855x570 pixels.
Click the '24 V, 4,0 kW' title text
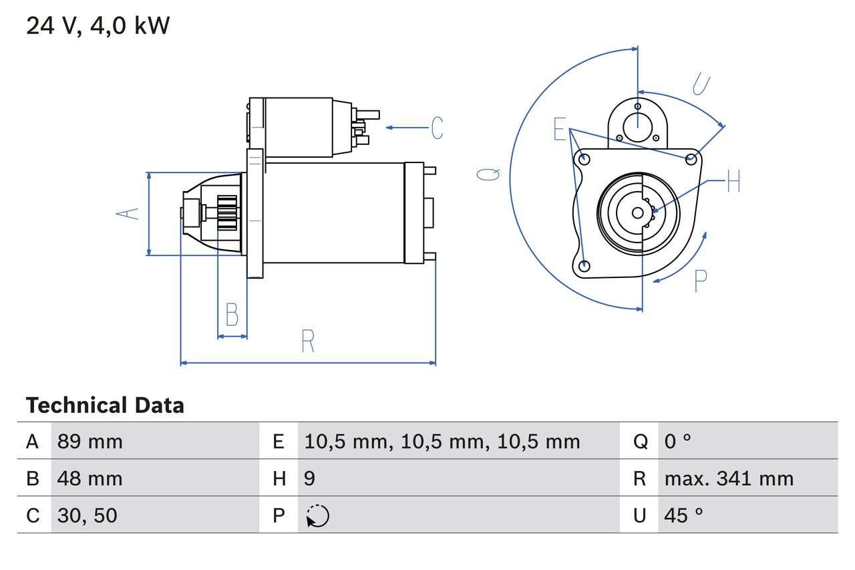pyautogui.click(x=98, y=26)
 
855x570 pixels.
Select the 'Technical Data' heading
pyautogui.click(x=105, y=406)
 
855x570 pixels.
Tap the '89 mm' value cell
pyautogui.click(x=90, y=441)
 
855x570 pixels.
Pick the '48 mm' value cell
pyautogui.click(x=90, y=478)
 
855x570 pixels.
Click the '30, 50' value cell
pyautogui.click(x=87, y=515)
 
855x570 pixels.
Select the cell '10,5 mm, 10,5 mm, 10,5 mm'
pyautogui.click(x=442, y=441)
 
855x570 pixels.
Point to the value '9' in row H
pyautogui.click(x=310, y=478)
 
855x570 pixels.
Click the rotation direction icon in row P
pyautogui.click(x=317, y=516)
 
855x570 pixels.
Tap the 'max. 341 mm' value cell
pyautogui.click(x=729, y=478)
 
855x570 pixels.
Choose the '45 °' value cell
pyautogui.click(x=683, y=515)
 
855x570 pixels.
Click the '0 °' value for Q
pyautogui.click(x=677, y=441)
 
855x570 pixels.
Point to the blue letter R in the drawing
pyautogui.click(x=307, y=341)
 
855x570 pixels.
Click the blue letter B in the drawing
pyautogui.click(x=232, y=314)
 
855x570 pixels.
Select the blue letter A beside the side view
pyautogui.click(x=128, y=214)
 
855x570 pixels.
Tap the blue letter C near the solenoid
pyautogui.click(x=437, y=128)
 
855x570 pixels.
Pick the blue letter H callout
pyautogui.click(x=733, y=181)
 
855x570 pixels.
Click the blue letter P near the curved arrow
pyautogui.click(x=700, y=281)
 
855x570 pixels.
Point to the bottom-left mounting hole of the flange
pyautogui.click(x=584, y=266)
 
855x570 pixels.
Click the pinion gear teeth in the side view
pyautogui.click(x=227, y=214)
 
